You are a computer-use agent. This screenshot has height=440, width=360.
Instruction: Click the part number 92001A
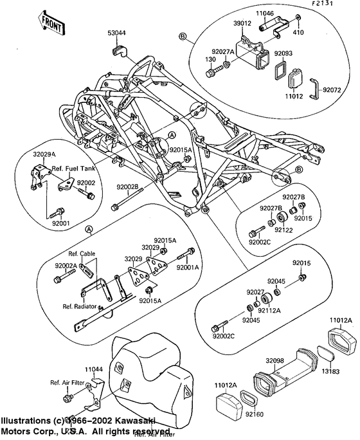[188, 267]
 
